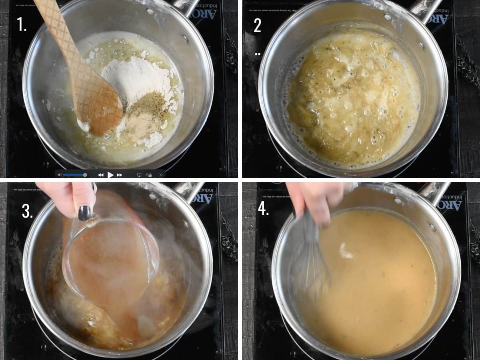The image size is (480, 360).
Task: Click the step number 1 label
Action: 22,24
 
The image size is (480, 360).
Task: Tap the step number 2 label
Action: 258,25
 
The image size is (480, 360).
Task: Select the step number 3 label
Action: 27,212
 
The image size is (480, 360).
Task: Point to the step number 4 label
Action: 263,208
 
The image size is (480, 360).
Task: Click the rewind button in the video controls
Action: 101,175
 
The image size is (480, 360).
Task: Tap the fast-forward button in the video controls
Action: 119,175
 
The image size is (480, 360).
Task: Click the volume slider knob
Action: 85,175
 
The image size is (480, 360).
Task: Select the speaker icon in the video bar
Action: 60,175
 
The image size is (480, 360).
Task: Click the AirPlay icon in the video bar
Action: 139,175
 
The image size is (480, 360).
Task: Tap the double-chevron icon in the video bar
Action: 161,175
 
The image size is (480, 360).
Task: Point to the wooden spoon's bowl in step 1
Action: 100,110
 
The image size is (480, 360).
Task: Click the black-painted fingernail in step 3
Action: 84,213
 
